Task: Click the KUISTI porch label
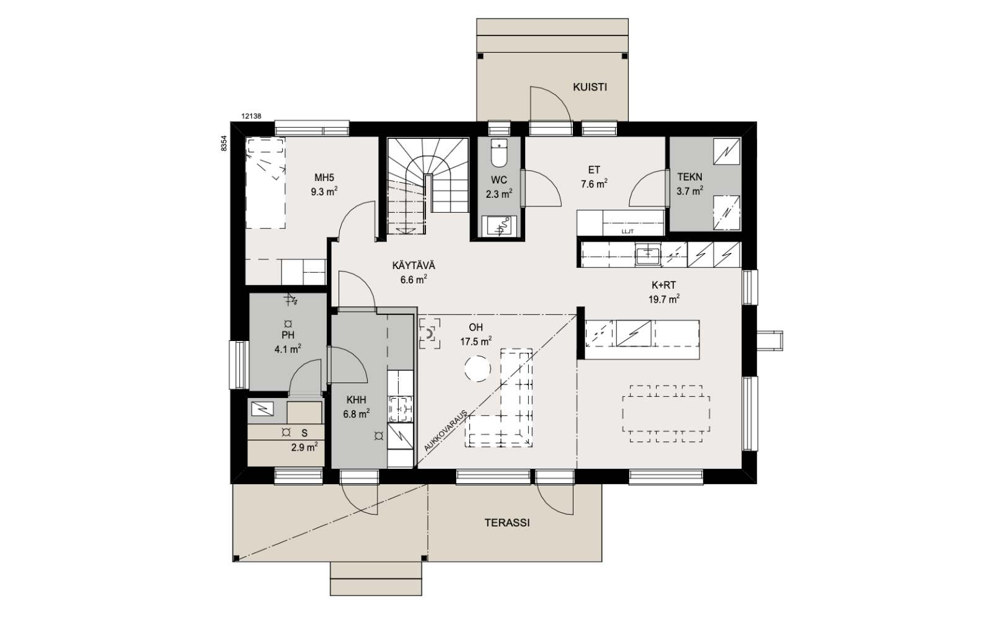(590, 87)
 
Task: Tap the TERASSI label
(507, 523)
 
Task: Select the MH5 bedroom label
(324, 178)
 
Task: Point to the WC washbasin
(499, 226)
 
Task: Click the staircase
(428, 186)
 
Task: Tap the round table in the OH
(477, 368)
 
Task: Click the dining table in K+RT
(666, 414)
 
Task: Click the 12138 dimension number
(251, 117)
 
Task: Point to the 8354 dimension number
(224, 143)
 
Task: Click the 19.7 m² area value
(664, 299)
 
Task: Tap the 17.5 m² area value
(476, 342)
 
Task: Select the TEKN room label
(689, 177)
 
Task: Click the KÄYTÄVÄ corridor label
(414, 266)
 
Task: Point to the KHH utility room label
(356, 401)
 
